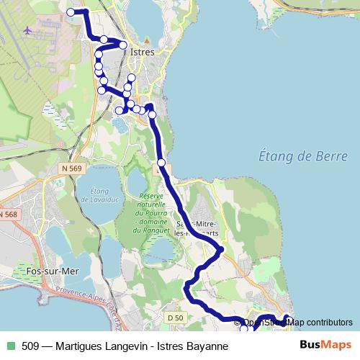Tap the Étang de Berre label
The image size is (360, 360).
click(x=302, y=156)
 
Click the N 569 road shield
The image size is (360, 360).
click(x=71, y=168)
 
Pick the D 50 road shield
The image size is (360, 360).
click(x=172, y=318)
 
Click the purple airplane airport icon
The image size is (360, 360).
click(x=28, y=31)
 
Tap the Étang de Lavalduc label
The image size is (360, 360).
click(x=95, y=194)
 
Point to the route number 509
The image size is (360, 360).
click(x=31, y=346)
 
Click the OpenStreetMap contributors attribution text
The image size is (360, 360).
click(x=299, y=322)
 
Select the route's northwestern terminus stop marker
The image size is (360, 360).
click(x=71, y=12)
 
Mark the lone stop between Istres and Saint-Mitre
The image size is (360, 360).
click(x=161, y=163)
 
